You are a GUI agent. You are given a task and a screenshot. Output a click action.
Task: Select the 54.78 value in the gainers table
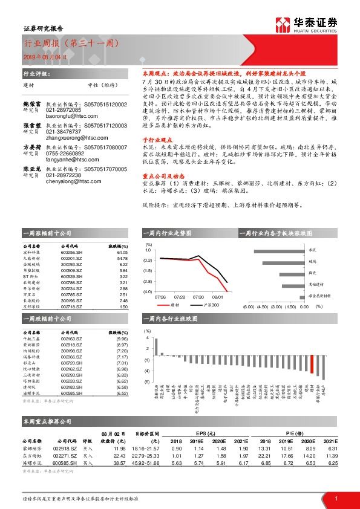point(123,259)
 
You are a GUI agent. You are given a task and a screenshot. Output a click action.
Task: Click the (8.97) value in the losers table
point(122,345)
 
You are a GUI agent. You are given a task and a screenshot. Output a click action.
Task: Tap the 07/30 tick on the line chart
point(198,297)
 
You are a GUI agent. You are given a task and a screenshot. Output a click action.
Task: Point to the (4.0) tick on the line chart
point(148,292)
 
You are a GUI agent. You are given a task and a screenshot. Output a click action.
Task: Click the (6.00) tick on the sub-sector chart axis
point(248,306)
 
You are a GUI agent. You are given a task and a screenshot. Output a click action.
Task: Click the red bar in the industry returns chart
point(324,373)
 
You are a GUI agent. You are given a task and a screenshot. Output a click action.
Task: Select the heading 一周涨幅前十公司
point(43,233)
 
